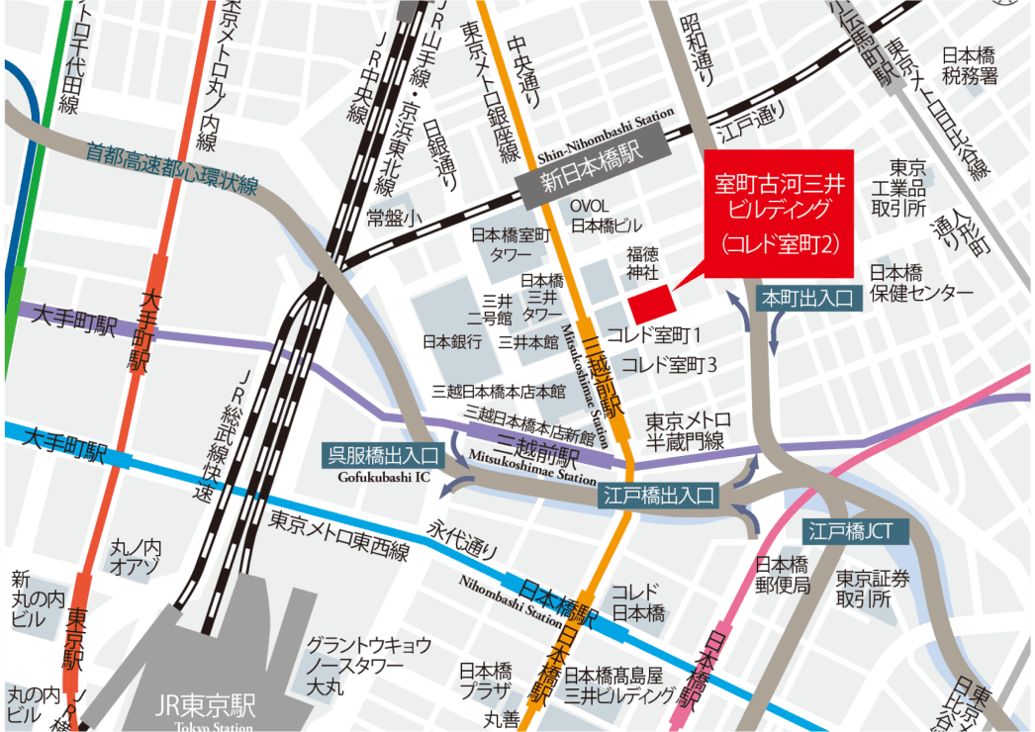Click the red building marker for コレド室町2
(x=650, y=301)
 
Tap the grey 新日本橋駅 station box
(x=592, y=180)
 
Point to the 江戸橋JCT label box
(x=850, y=530)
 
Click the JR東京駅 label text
(x=206, y=706)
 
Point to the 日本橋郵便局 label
(x=783, y=576)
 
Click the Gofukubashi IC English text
(x=380, y=477)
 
